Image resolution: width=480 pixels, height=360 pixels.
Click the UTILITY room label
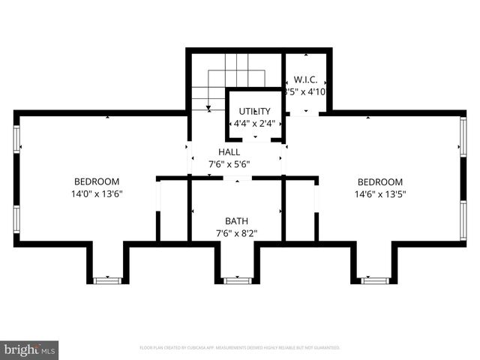point(254,112)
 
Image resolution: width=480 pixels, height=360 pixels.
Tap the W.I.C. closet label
point(305,79)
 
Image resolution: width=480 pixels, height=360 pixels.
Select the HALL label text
point(229,152)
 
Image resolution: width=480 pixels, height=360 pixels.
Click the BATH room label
point(236,221)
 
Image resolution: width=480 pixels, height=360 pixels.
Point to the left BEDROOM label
point(96,181)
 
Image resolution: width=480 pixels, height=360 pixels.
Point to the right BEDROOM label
point(379,182)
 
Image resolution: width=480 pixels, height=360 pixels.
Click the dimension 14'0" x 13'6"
point(96,193)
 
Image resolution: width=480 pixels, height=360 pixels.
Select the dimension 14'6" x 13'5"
point(379,194)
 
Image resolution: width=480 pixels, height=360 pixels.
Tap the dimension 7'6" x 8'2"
point(236,233)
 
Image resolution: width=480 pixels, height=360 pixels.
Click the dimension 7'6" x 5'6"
point(229,164)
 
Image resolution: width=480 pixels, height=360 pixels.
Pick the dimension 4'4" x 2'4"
point(254,124)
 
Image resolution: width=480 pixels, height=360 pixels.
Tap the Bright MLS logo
point(30,349)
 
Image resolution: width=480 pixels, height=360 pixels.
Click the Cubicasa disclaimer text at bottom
point(240,348)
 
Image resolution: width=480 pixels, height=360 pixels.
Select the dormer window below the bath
point(237,280)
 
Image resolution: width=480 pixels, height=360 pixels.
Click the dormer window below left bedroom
point(107,280)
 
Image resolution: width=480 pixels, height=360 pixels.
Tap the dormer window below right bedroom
point(375,280)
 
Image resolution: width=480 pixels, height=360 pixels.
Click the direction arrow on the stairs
point(208,107)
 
